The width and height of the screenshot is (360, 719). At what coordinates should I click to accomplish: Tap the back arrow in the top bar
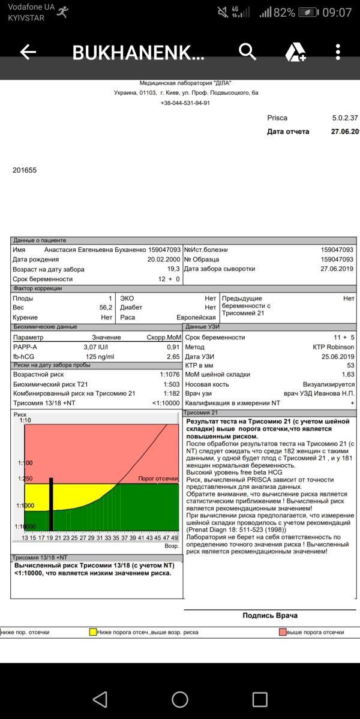click(x=28, y=52)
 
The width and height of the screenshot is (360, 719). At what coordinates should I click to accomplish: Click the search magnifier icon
click(x=247, y=52)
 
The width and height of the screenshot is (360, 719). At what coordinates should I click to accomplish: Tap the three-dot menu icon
click(x=338, y=52)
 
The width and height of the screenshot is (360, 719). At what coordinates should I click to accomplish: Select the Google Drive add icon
click(x=295, y=53)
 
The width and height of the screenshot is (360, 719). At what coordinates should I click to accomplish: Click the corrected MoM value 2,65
click(x=173, y=356)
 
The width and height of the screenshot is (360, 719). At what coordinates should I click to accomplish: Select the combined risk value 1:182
click(x=170, y=393)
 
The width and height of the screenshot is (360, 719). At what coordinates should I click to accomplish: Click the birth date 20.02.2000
click(x=164, y=260)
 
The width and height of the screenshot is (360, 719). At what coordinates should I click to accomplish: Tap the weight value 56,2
click(x=106, y=308)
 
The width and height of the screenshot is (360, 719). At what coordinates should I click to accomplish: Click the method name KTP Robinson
click(x=334, y=347)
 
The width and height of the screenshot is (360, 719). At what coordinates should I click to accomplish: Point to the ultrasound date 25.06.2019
click(x=338, y=356)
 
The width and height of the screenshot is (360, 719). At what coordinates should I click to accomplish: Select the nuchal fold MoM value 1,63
click(x=349, y=374)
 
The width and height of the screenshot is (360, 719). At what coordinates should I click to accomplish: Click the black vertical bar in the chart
click(x=52, y=504)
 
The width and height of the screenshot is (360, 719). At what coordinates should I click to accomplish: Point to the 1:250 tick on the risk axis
click(x=25, y=479)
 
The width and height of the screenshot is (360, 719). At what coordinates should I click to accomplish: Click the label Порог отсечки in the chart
click(x=158, y=479)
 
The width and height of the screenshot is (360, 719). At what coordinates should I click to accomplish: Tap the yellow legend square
click(x=92, y=632)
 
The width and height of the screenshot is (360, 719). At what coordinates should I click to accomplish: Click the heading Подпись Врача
click(x=269, y=615)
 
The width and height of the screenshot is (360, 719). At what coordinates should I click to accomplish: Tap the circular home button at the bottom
click(x=180, y=699)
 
